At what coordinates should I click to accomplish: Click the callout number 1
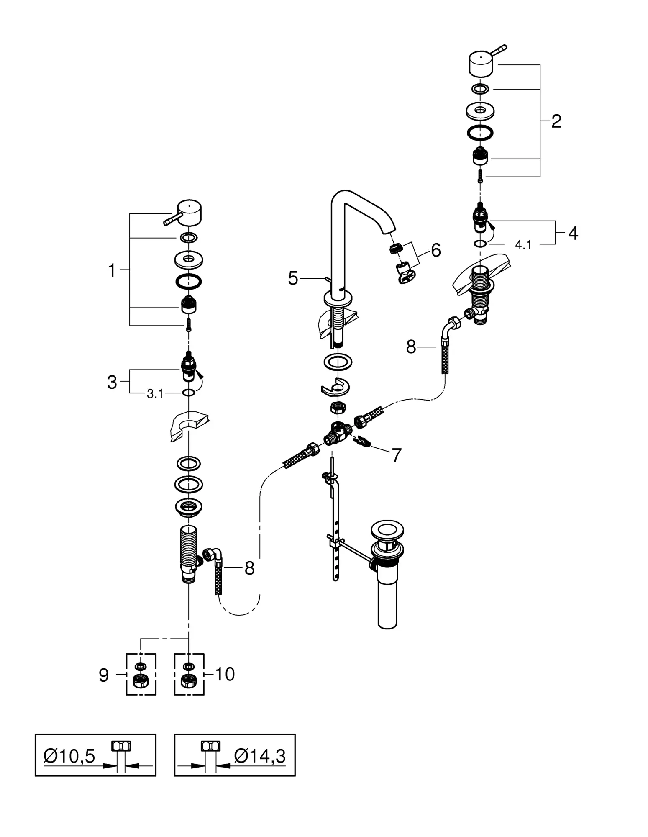pyautogui.click(x=112, y=271)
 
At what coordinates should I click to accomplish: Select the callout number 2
pyautogui.click(x=556, y=121)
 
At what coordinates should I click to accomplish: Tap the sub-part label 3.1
pyautogui.click(x=155, y=394)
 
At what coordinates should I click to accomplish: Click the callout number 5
pyautogui.click(x=293, y=278)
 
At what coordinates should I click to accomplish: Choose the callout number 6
pyautogui.click(x=435, y=250)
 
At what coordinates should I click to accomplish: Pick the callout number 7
pyautogui.click(x=396, y=455)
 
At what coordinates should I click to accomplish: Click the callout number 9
pyautogui.click(x=104, y=675)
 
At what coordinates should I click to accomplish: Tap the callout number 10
pyautogui.click(x=225, y=674)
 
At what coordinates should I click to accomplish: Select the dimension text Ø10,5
pyautogui.click(x=69, y=756)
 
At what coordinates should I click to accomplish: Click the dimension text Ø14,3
pyautogui.click(x=260, y=756)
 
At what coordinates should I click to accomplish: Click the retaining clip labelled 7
pyautogui.click(x=363, y=442)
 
